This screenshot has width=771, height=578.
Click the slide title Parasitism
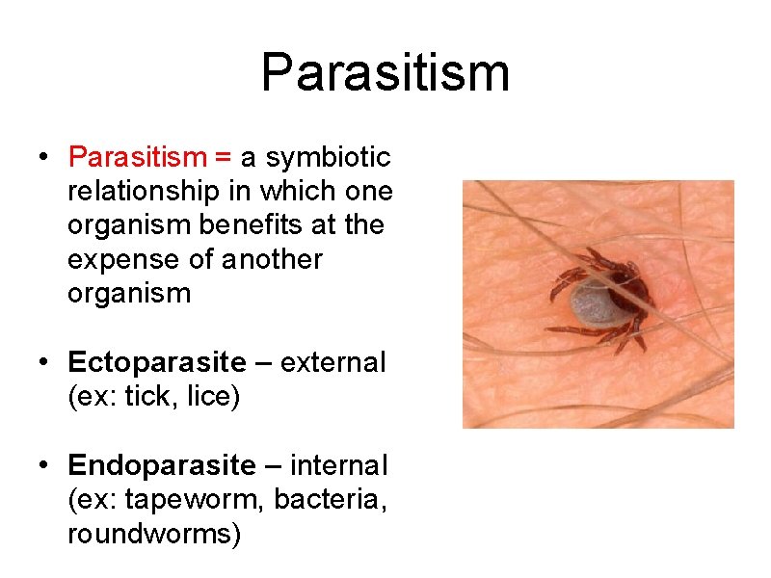(385, 73)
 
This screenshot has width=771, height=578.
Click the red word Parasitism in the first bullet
(138, 156)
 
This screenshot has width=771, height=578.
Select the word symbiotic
(328, 156)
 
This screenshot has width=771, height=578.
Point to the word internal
(338, 466)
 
